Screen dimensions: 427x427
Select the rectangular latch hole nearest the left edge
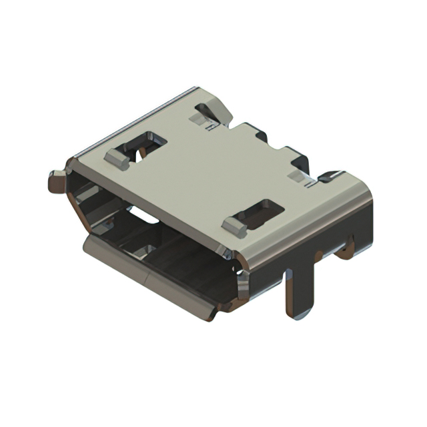pyautogui.click(x=145, y=143)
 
